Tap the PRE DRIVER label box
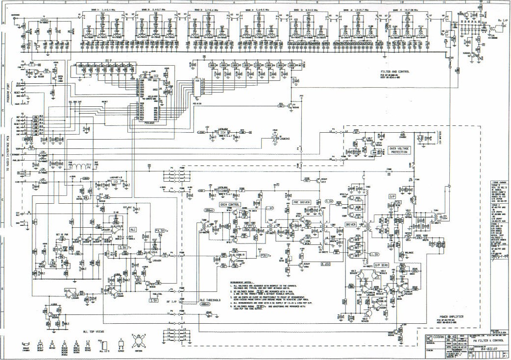point(302,201)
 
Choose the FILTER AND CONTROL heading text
point(398,71)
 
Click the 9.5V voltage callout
point(329,201)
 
